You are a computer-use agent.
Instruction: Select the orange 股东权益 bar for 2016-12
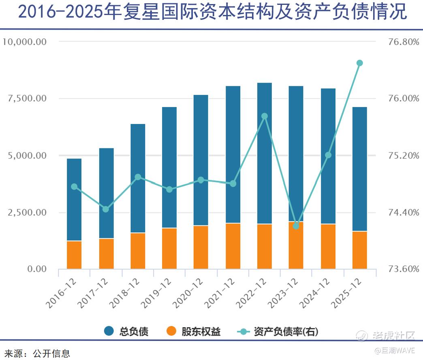click(74, 255)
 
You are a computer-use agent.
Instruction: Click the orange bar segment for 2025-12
click(359, 250)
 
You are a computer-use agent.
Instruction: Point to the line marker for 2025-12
click(359, 63)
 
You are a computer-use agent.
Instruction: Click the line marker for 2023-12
click(296, 226)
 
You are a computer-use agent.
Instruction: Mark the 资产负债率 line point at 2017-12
click(106, 209)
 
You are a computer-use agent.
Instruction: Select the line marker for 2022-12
click(265, 116)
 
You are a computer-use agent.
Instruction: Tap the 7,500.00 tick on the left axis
click(25, 99)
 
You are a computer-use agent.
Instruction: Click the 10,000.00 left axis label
click(25, 42)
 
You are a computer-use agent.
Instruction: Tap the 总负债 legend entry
click(126, 331)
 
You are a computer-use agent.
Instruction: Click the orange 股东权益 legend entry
click(194, 331)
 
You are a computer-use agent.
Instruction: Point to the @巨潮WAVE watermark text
click(395, 350)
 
